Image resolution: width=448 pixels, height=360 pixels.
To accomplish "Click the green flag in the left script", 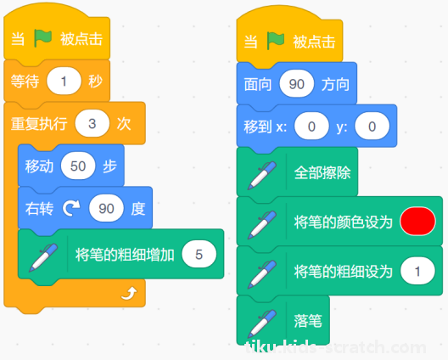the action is pyautogui.click(x=43, y=38).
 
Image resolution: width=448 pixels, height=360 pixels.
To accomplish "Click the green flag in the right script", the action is pyautogui.click(x=276, y=41).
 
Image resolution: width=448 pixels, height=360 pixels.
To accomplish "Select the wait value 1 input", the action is pyautogui.click(x=64, y=81).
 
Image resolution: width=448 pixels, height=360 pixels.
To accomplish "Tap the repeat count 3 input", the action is pyautogui.click(x=92, y=123).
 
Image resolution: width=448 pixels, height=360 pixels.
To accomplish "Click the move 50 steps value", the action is pyautogui.click(x=78, y=166).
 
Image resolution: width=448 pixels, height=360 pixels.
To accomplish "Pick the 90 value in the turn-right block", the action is pyautogui.click(x=106, y=208).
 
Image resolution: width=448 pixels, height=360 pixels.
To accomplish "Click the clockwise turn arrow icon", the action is pyautogui.click(x=71, y=208).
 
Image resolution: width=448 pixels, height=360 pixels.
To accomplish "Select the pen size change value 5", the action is pyautogui.click(x=199, y=254).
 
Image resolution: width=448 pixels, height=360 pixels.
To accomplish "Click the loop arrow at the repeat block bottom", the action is pyautogui.click(x=129, y=293).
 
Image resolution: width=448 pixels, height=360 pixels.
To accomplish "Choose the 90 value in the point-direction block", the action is pyautogui.click(x=297, y=84).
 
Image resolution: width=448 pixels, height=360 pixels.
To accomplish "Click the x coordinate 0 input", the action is pyautogui.click(x=311, y=127).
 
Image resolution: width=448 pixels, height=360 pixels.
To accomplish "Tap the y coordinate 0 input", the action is pyautogui.click(x=372, y=127).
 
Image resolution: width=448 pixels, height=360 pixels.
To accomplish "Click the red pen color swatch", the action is pyautogui.click(x=417, y=222).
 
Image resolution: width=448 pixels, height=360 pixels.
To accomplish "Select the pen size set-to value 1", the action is pyautogui.click(x=417, y=271).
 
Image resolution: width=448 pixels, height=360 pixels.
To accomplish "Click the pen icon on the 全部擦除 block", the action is pyautogui.click(x=262, y=175).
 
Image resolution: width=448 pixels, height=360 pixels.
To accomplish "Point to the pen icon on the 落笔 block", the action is pyautogui.click(x=262, y=323).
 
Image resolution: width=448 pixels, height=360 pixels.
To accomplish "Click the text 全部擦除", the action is pyautogui.click(x=322, y=172).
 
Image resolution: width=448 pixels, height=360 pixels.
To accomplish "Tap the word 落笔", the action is pyautogui.click(x=308, y=321).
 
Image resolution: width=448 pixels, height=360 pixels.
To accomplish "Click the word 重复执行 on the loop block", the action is pyautogui.click(x=39, y=124).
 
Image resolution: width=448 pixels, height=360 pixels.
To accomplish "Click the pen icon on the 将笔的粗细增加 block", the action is pyautogui.click(x=43, y=257).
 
